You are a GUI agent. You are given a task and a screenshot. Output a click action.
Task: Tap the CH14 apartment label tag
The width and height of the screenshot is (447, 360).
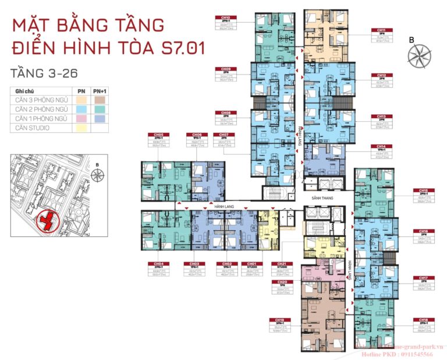point(381,146)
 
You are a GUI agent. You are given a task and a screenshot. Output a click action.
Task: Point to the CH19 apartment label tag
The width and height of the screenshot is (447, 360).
point(279,320)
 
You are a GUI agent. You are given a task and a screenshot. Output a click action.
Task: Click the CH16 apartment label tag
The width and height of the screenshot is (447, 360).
point(424,231)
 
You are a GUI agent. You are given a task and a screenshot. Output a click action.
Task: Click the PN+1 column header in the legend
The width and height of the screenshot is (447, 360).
point(100,91)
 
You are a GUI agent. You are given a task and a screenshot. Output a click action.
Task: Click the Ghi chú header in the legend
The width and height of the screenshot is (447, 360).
point(26,91)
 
